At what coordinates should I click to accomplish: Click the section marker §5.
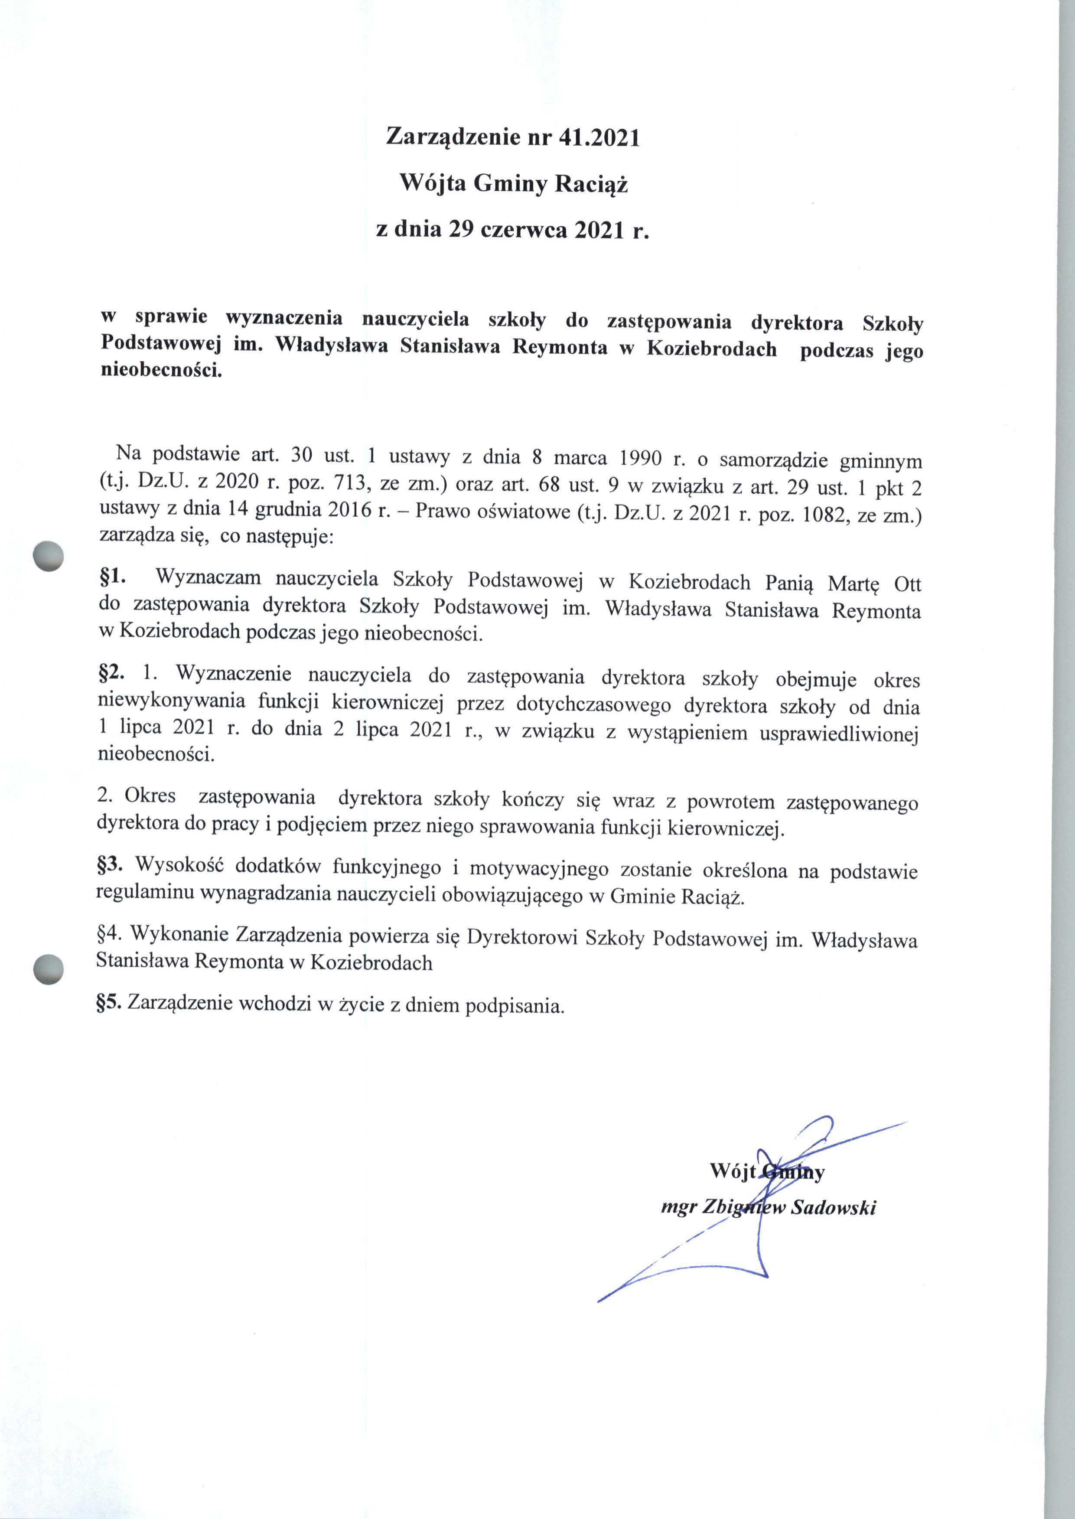(x=110, y=1004)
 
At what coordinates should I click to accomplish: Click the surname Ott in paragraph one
(x=907, y=584)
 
